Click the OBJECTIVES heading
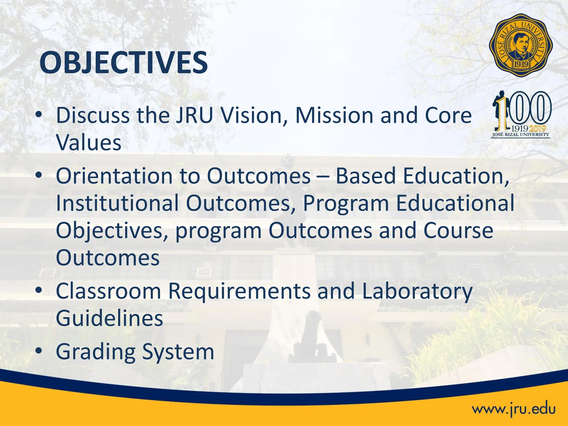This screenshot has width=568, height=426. pos(123,63)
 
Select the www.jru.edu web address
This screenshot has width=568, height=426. pos(514,409)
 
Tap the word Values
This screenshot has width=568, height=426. pos(88,143)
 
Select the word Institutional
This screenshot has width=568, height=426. pos(117,203)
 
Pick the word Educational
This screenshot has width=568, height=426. pos(455,203)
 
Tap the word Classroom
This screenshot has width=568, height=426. pos(108,291)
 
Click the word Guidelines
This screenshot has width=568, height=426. pos(109,318)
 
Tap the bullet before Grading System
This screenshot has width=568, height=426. pos(39,351)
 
